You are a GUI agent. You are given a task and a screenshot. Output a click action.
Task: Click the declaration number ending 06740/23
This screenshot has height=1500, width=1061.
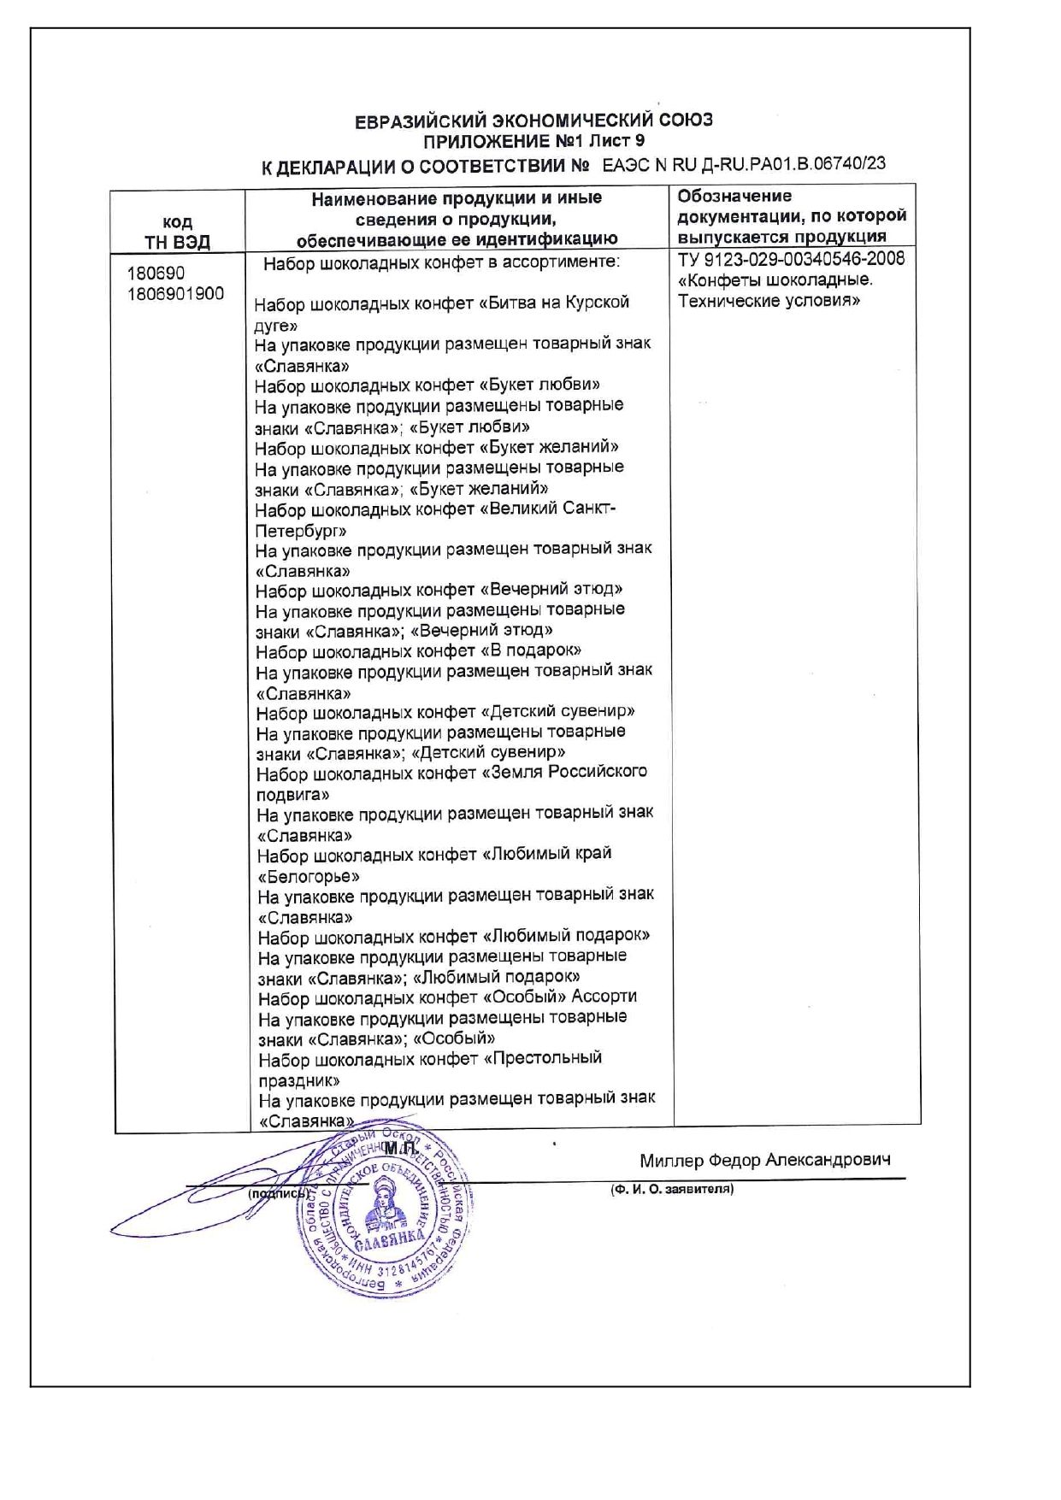point(743,164)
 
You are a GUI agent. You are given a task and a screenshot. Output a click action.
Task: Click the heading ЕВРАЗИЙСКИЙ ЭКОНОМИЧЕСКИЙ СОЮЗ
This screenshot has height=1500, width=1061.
point(533,121)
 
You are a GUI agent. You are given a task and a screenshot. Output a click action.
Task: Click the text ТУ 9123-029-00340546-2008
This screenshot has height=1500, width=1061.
point(791,259)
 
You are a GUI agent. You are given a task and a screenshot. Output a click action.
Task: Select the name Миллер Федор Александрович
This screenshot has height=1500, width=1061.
point(765,1160)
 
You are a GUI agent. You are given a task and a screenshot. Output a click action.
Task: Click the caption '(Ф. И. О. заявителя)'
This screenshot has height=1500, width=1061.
point(672,1189)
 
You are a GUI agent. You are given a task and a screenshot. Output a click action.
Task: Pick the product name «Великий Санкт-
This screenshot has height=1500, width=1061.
point(548,509)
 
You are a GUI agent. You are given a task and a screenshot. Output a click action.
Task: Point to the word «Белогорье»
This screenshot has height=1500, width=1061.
point(309,877)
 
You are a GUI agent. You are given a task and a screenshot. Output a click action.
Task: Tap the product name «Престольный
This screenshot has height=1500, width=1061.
point(542,1059)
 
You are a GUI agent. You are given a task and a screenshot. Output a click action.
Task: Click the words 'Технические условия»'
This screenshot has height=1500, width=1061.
point(769,301)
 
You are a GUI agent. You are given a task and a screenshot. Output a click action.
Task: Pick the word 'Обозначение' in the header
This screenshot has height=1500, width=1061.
point(734,197)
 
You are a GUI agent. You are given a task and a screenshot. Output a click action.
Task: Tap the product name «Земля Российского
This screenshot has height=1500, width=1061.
point(565,773)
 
